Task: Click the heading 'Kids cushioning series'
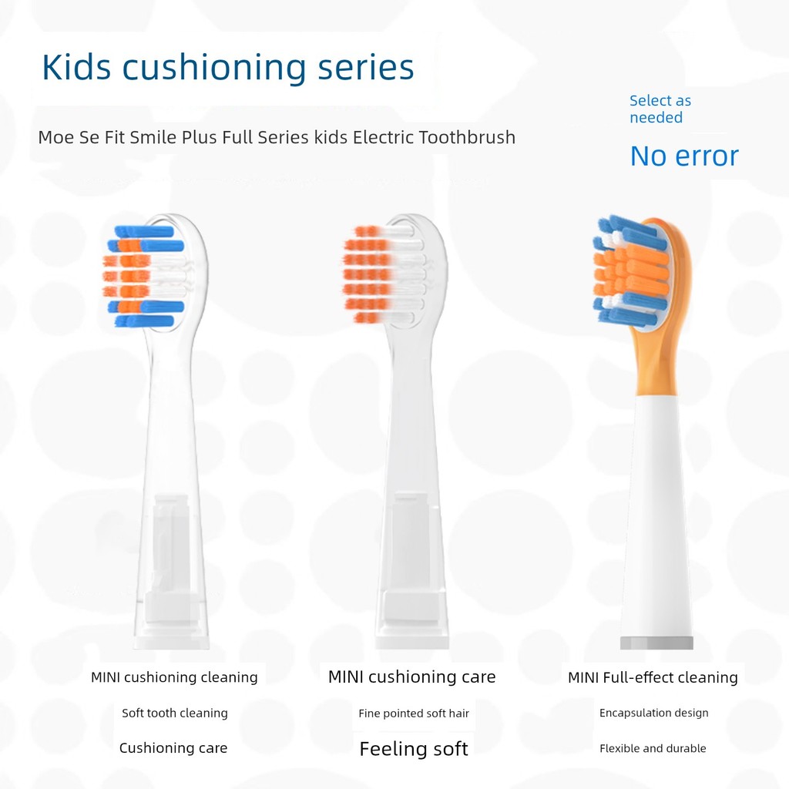(228, 67)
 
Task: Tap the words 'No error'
(684, 156)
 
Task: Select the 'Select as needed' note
(660, 109)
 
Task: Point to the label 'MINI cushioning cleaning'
(174, 677)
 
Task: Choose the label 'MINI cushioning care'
(411, 677)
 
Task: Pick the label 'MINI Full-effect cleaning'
(653, 677)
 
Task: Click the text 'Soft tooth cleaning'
(175, 713)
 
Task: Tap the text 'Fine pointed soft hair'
(414, 713)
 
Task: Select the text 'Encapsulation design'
(653, 713)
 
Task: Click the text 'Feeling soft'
(414, 749)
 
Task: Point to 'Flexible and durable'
(653, 748)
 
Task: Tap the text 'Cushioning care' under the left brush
(173, 748)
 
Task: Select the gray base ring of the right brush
(656, 643)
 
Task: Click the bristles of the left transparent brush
(144, 277)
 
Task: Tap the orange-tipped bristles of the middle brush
(368, 274)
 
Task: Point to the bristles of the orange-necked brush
(632, 270)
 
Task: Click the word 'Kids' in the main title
(76, 67)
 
